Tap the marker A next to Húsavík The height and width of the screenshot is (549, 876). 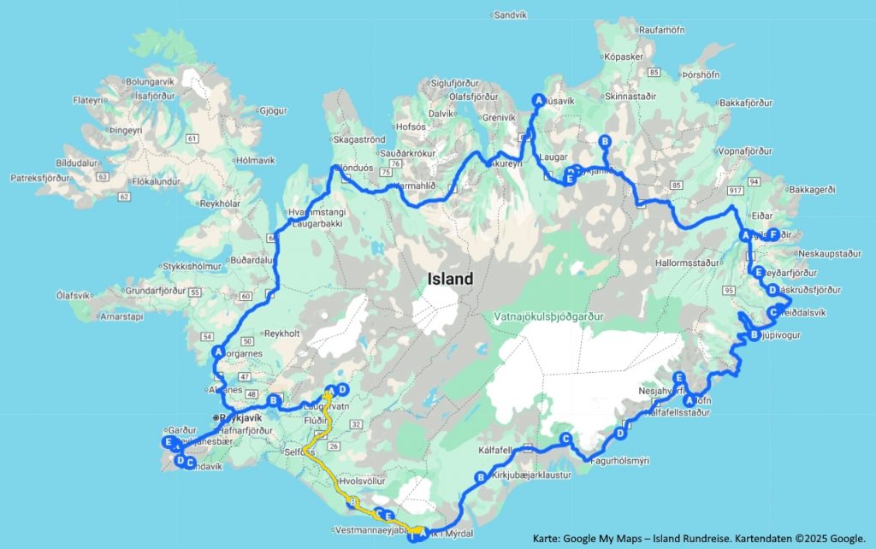538,99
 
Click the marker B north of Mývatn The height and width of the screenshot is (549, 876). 605,141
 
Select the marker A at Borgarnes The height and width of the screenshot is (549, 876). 218,351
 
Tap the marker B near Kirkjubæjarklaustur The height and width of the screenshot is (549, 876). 480,477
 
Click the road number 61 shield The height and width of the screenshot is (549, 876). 191,138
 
